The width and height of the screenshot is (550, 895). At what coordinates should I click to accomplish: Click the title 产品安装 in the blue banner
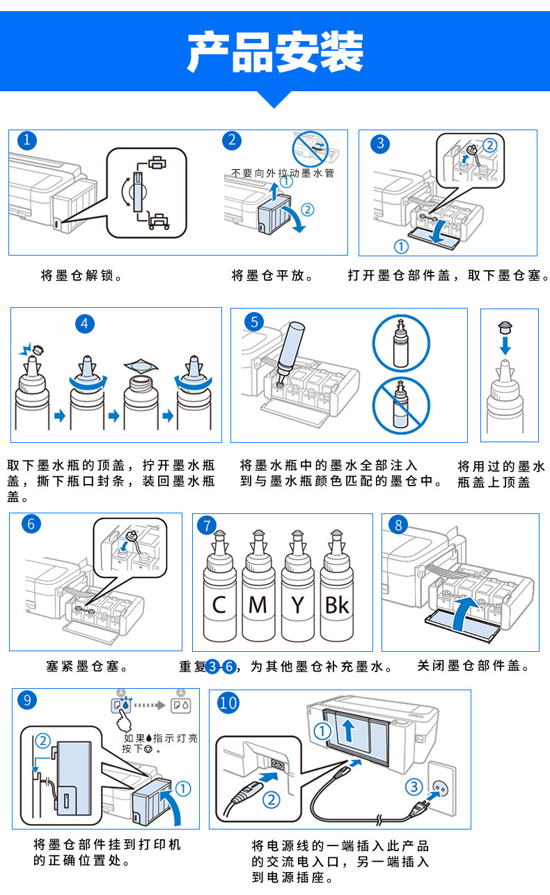coord(275,52)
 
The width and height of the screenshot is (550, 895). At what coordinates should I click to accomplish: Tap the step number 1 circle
coord(26,140)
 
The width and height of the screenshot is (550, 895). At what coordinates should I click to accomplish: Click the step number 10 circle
coord(228,702)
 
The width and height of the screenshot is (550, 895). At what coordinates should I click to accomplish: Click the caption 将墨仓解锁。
coord(83,276)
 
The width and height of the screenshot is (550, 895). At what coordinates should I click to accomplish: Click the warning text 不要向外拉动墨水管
coord(283,173)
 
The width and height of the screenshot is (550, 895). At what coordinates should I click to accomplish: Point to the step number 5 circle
coord(255,321)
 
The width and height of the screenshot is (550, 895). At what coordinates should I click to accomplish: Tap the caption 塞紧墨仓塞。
coord(88,667)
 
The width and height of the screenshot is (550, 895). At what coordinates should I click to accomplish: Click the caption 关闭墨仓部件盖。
coord(474,666)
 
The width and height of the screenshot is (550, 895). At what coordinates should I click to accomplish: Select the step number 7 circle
coord(206,526)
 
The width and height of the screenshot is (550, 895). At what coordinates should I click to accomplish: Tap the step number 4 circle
coord(86,322)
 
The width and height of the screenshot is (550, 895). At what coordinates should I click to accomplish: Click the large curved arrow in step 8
coord(468,614)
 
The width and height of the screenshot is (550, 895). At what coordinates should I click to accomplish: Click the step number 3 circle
coord(379,143)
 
